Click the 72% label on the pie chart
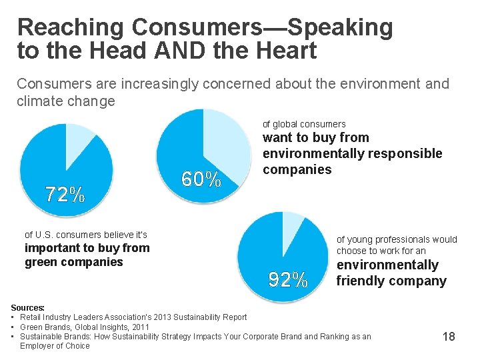tap(65, 195)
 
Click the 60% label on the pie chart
tap(201, 179)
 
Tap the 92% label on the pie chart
tap(288, 280)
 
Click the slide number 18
tap(449, 337)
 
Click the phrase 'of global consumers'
tap(304, 124)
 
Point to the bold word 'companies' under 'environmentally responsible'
tap(297, 169)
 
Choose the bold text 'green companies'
tap(74, 262)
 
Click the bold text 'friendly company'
tap(391, 281)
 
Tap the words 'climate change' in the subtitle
tap(66, 101)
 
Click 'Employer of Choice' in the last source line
tap(55, 346)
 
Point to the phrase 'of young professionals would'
tap(397, 239)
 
